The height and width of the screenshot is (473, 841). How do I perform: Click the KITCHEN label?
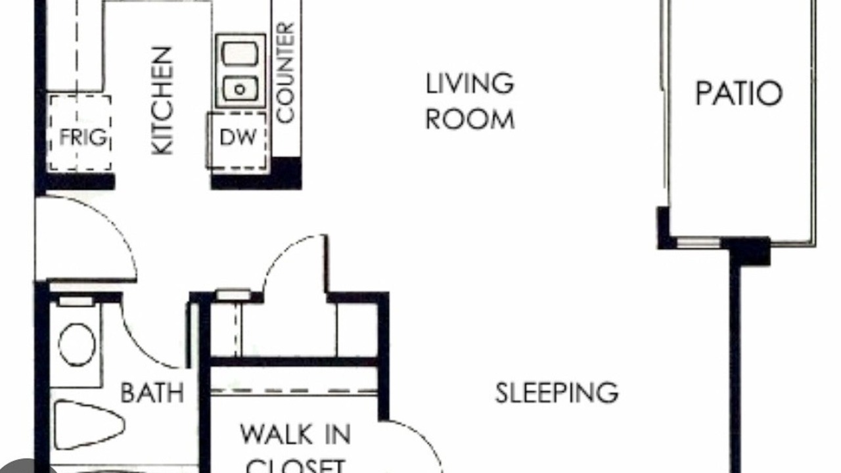[162, 101]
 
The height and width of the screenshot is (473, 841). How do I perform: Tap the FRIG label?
[83, 137]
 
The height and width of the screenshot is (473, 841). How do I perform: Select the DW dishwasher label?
[238, 137]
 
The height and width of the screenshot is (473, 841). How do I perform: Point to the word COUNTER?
[285, 73]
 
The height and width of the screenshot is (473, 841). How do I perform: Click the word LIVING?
[470, 83]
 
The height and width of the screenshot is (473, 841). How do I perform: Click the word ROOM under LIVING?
[470, 120]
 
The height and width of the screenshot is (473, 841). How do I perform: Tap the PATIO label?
[739, 93]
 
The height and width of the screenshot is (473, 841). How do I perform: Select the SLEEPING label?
[557, 393]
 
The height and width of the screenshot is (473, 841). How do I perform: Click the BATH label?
[152, 393]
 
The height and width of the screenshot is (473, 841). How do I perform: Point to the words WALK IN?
[295, 434]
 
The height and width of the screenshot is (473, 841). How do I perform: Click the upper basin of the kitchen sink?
[240, 54]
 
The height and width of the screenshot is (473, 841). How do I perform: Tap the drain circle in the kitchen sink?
[240, 89]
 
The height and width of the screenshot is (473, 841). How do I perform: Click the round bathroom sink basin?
[77, 345]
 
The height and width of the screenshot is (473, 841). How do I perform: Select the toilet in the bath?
[89, 425]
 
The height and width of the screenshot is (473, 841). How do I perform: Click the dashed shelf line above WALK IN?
[294, 391]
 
